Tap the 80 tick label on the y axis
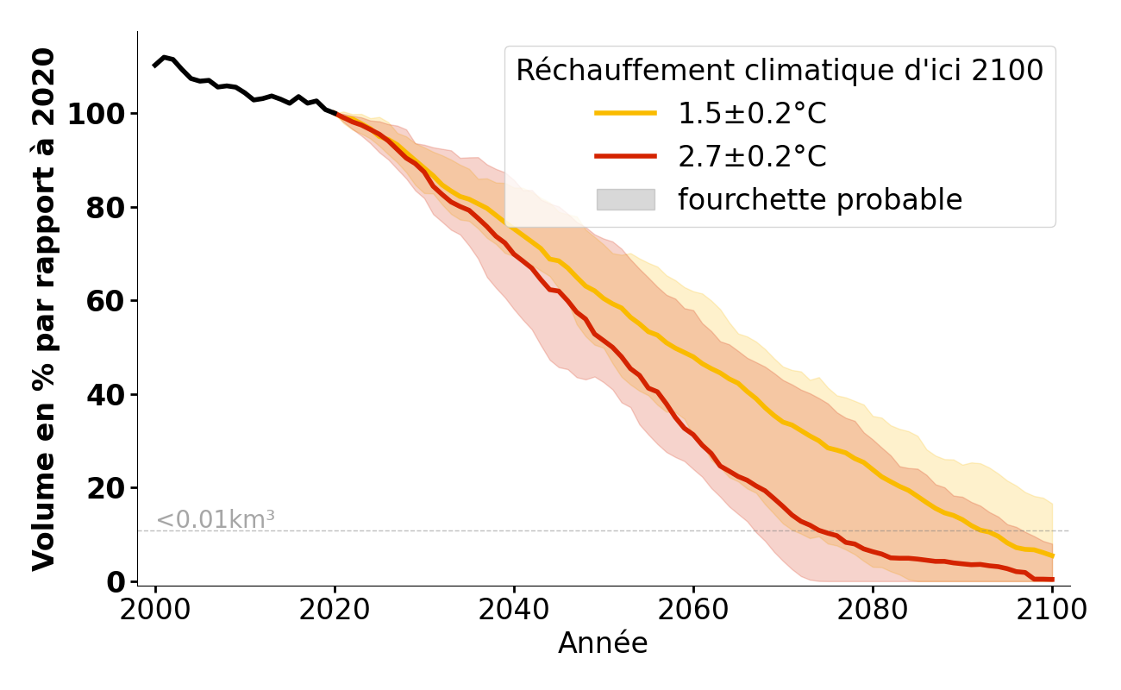(108, 208)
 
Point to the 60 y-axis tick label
(108, 301)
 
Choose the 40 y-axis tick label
(108, 395)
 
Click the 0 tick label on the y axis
(117, 582)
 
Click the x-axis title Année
(603, 643)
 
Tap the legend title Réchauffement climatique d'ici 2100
(780, 71)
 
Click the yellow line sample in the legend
(625, 114)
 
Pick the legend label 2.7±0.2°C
(752, 157)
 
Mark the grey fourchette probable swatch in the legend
(625, 199)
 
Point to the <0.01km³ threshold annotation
(216, 520)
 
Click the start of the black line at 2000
(155, 66)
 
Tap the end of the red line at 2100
(1052, 580)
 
